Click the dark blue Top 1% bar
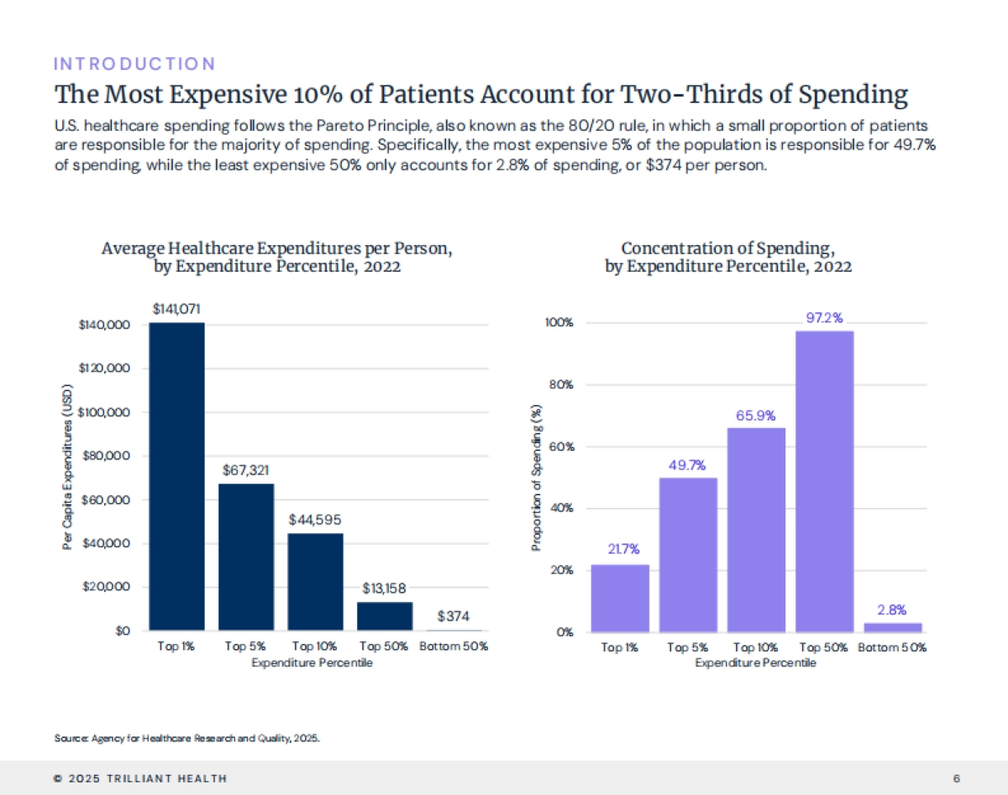[176, 476]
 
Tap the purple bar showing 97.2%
[824, 481]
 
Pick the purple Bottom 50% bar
[892, 627]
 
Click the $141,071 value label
[176, 309]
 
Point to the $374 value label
[454, 617]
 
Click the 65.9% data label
[755, 415]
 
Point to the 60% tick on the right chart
[562, 447]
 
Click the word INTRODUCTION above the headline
[134, 64]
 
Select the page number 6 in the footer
[957, 778]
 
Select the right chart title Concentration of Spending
[727, 257]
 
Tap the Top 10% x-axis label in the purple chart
[755, 648]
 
